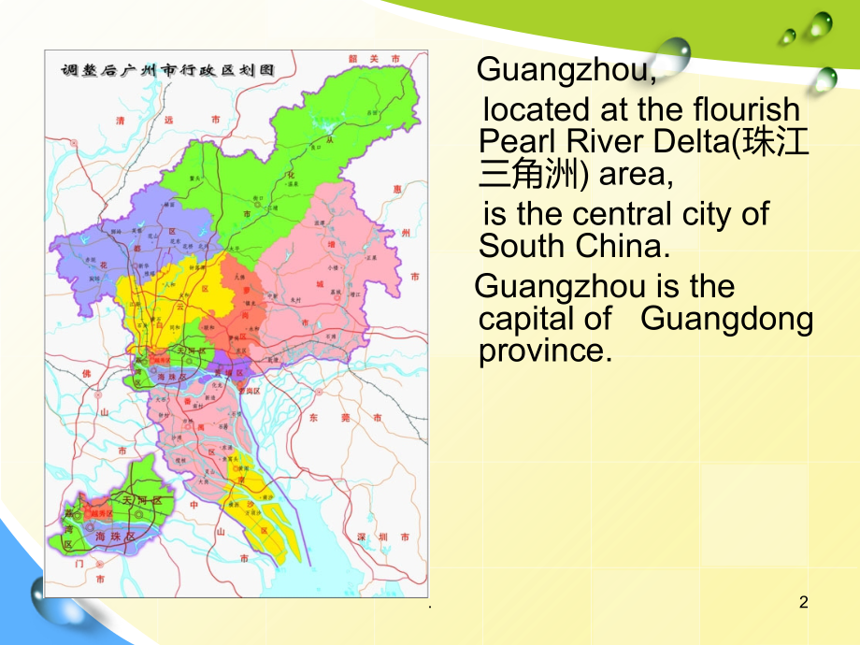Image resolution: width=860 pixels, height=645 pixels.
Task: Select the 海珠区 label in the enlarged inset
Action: [x=115, y=537]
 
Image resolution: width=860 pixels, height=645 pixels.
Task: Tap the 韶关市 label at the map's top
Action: [x=373, y=59]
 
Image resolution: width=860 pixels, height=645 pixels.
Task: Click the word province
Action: [x=544, y=351]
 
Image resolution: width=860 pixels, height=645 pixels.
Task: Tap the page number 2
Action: [x=803, y=603]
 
